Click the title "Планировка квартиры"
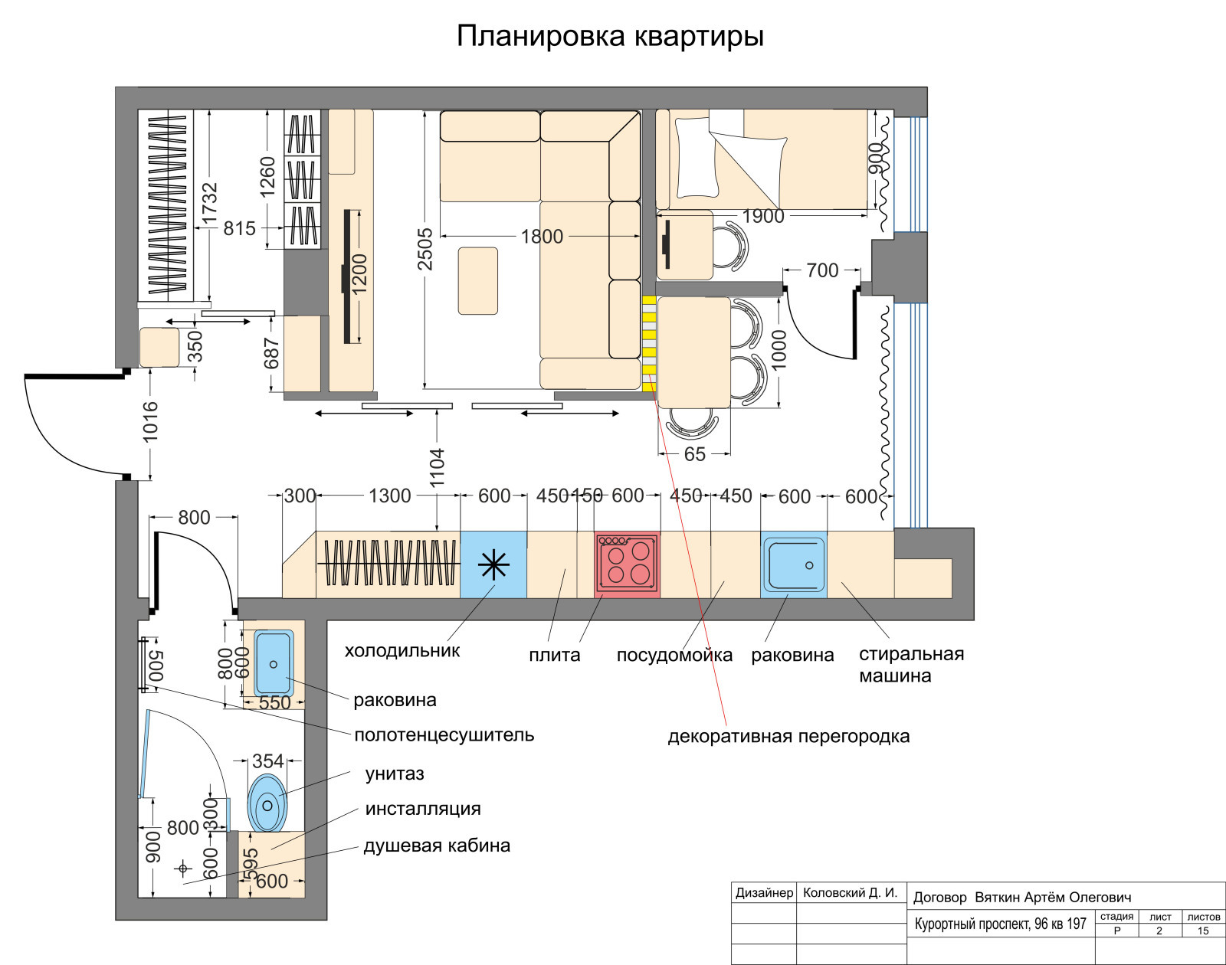pos(610,36)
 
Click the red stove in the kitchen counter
pos(628,564)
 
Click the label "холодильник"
pos(402,651)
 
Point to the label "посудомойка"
pos(674,656)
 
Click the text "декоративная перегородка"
pos(788,737)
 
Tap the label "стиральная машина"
pos(910,665)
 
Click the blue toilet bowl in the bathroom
pos(267,803)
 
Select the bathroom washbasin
pos(273,662)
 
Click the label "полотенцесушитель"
pos(444,735)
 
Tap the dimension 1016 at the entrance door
pos(150,420)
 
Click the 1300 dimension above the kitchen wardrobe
pos(389,496)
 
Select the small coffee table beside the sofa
pos(477,280)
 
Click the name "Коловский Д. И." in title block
pos(849,893)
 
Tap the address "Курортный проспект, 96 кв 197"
pos(1000,924)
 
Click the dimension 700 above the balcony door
pos(822,270)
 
